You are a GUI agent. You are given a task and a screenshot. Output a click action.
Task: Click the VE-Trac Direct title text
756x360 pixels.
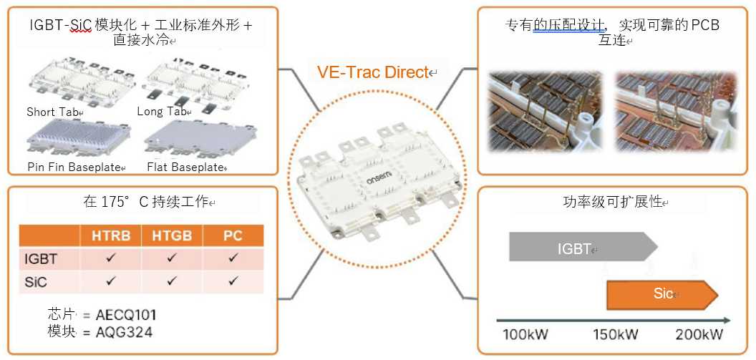(373, 72)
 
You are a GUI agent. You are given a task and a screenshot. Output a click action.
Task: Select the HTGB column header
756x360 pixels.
(172, 235)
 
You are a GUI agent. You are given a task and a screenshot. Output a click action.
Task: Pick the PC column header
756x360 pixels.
(233, 235)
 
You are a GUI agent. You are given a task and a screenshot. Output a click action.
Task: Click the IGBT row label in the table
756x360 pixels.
(41, 259)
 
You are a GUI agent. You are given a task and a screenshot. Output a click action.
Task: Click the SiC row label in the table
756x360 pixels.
(36, 282)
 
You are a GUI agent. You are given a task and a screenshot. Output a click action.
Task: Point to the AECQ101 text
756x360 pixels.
(126, 316)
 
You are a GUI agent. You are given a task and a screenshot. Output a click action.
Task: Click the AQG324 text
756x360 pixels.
(124, 332)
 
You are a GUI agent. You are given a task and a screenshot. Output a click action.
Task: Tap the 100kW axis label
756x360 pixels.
(525, 334)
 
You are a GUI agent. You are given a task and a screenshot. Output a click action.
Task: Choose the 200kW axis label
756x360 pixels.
(699, 334)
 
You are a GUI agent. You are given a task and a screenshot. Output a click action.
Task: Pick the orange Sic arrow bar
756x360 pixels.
(662, 294)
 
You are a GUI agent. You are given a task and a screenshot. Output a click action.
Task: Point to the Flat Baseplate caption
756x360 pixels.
(185, 167)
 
